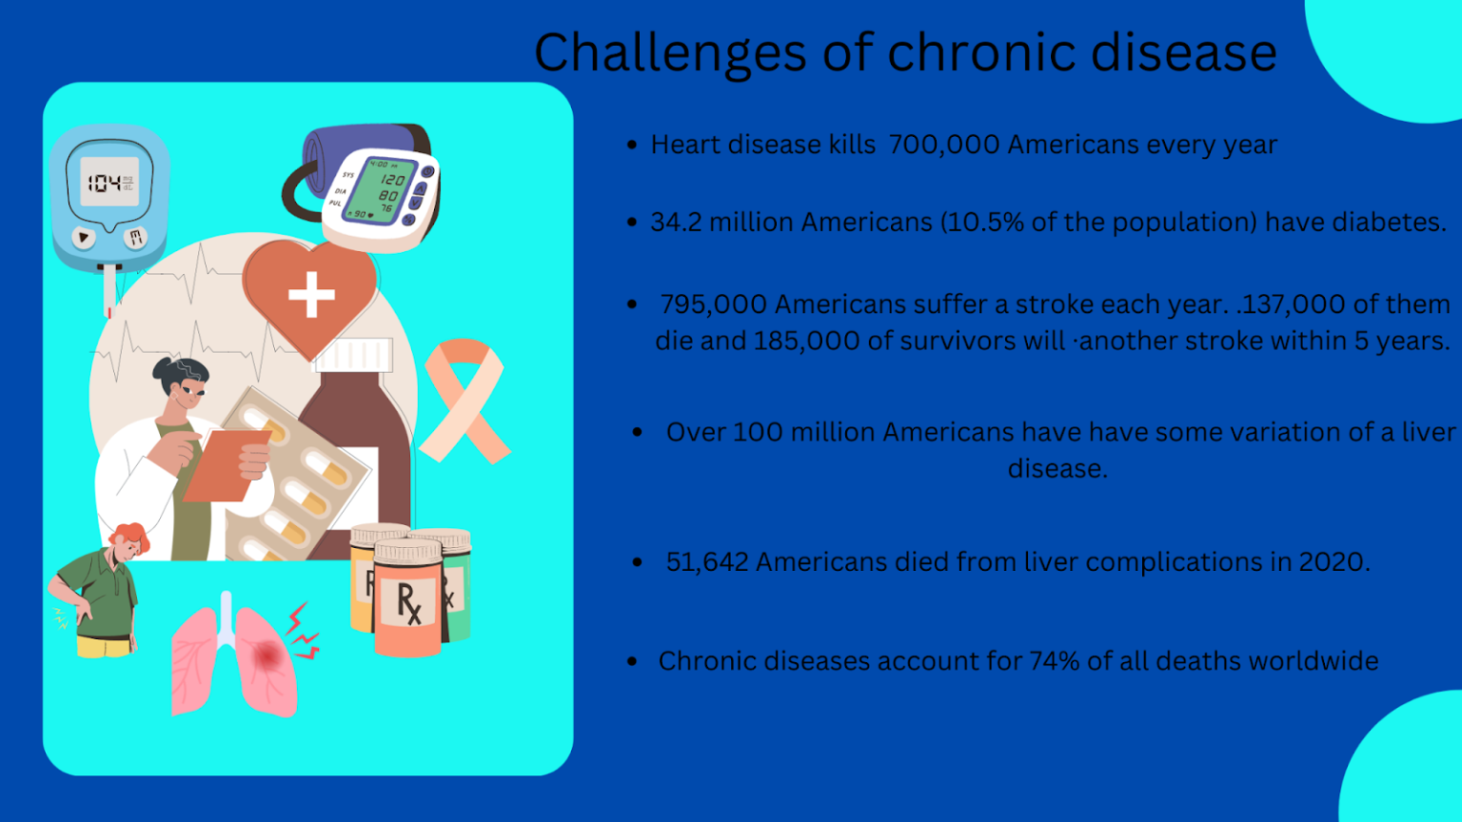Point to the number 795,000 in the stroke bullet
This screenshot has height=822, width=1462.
[713, 304]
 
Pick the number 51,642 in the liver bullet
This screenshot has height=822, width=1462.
[707, 562]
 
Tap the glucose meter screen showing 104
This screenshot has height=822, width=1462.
[109, 183]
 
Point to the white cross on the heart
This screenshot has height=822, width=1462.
[311, 294]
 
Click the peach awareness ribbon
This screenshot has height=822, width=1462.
[464, 400]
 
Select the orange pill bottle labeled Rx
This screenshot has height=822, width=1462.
[407, 599]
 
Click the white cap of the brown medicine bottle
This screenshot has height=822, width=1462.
[353, 355]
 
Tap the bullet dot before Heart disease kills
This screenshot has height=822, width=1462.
[632, 146]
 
